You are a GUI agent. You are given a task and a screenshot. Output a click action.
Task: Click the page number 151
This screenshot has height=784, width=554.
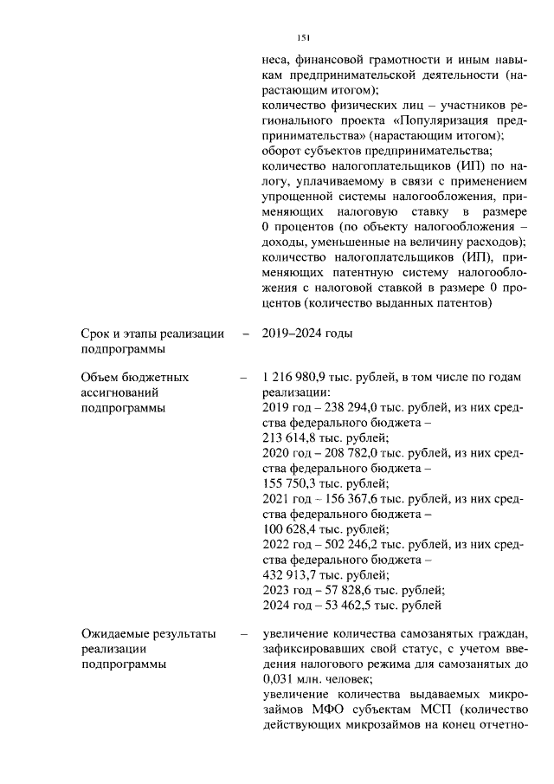tap(303, 38)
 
